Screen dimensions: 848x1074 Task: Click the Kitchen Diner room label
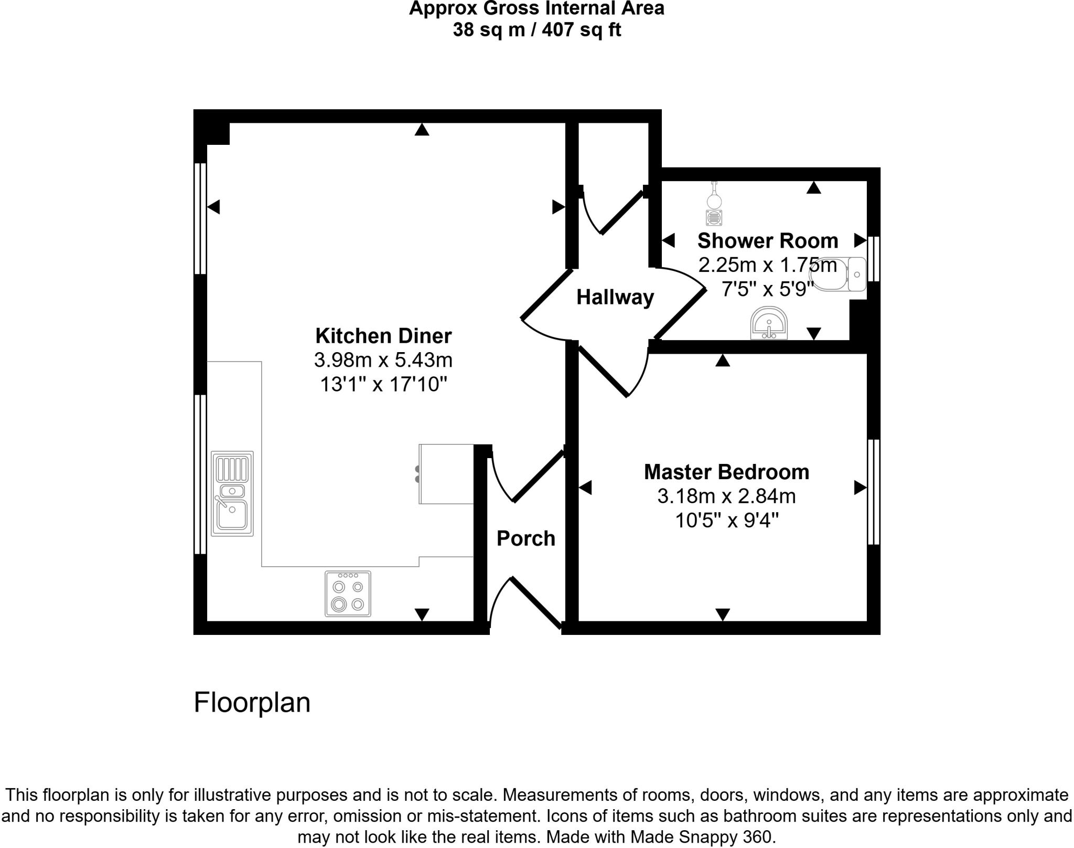click(383, 336)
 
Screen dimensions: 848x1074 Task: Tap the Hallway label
click(615, 298)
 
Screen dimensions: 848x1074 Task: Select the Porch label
click(525, 538)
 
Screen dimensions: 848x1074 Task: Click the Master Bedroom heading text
click(726, 472)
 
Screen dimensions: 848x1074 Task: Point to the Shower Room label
click(767, 241)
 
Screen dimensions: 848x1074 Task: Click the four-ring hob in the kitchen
click(348, 593)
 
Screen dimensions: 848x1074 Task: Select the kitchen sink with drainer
click(232, 493)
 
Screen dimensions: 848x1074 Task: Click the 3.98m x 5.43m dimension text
click(383, 361)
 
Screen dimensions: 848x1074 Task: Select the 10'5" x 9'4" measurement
click(726, 521)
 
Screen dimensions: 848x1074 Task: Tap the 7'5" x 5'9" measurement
click(767, 289)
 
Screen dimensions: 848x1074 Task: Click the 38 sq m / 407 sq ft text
click(536, 30)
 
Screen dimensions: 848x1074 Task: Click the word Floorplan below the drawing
click(252, 702)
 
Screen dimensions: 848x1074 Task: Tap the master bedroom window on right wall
click(873, 492)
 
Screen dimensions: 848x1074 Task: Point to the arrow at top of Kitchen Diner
click(422, 130)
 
